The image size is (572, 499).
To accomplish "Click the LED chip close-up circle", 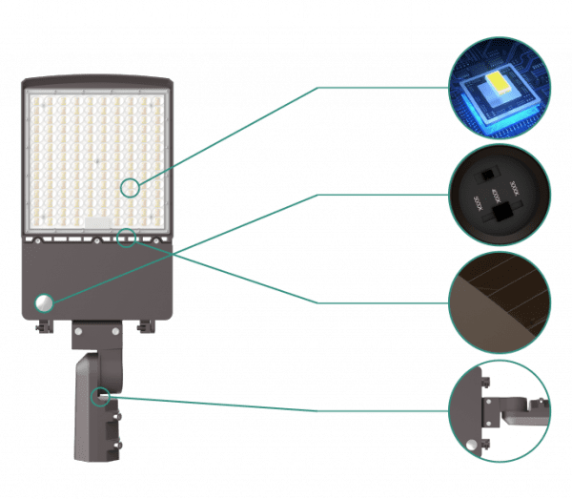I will pyautogui.click(x=499, y=93).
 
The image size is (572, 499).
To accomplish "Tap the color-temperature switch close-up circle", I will pyautogui.click(x=499, y=197).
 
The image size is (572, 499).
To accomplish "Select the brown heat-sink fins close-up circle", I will pyautogui.click(x=499, y=301).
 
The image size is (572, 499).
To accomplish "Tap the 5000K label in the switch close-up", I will pyautogui.click(x=477, y=204).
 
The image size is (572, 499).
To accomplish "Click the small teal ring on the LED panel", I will pyautogui.click(x=131, y=188).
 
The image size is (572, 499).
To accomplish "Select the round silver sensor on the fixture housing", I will pyautogui.click(x=44, y=302).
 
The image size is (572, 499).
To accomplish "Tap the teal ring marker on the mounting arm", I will pyautogui.click(x=100, y=395).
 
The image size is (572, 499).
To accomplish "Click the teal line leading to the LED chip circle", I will pyautogui.click(x=315, y=88).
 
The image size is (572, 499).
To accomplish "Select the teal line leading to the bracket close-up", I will pyautogui.click(x=286, y=410).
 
